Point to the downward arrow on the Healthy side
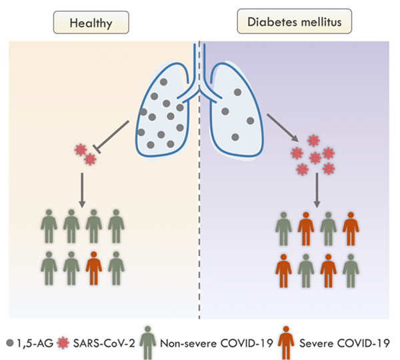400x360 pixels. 81,186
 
